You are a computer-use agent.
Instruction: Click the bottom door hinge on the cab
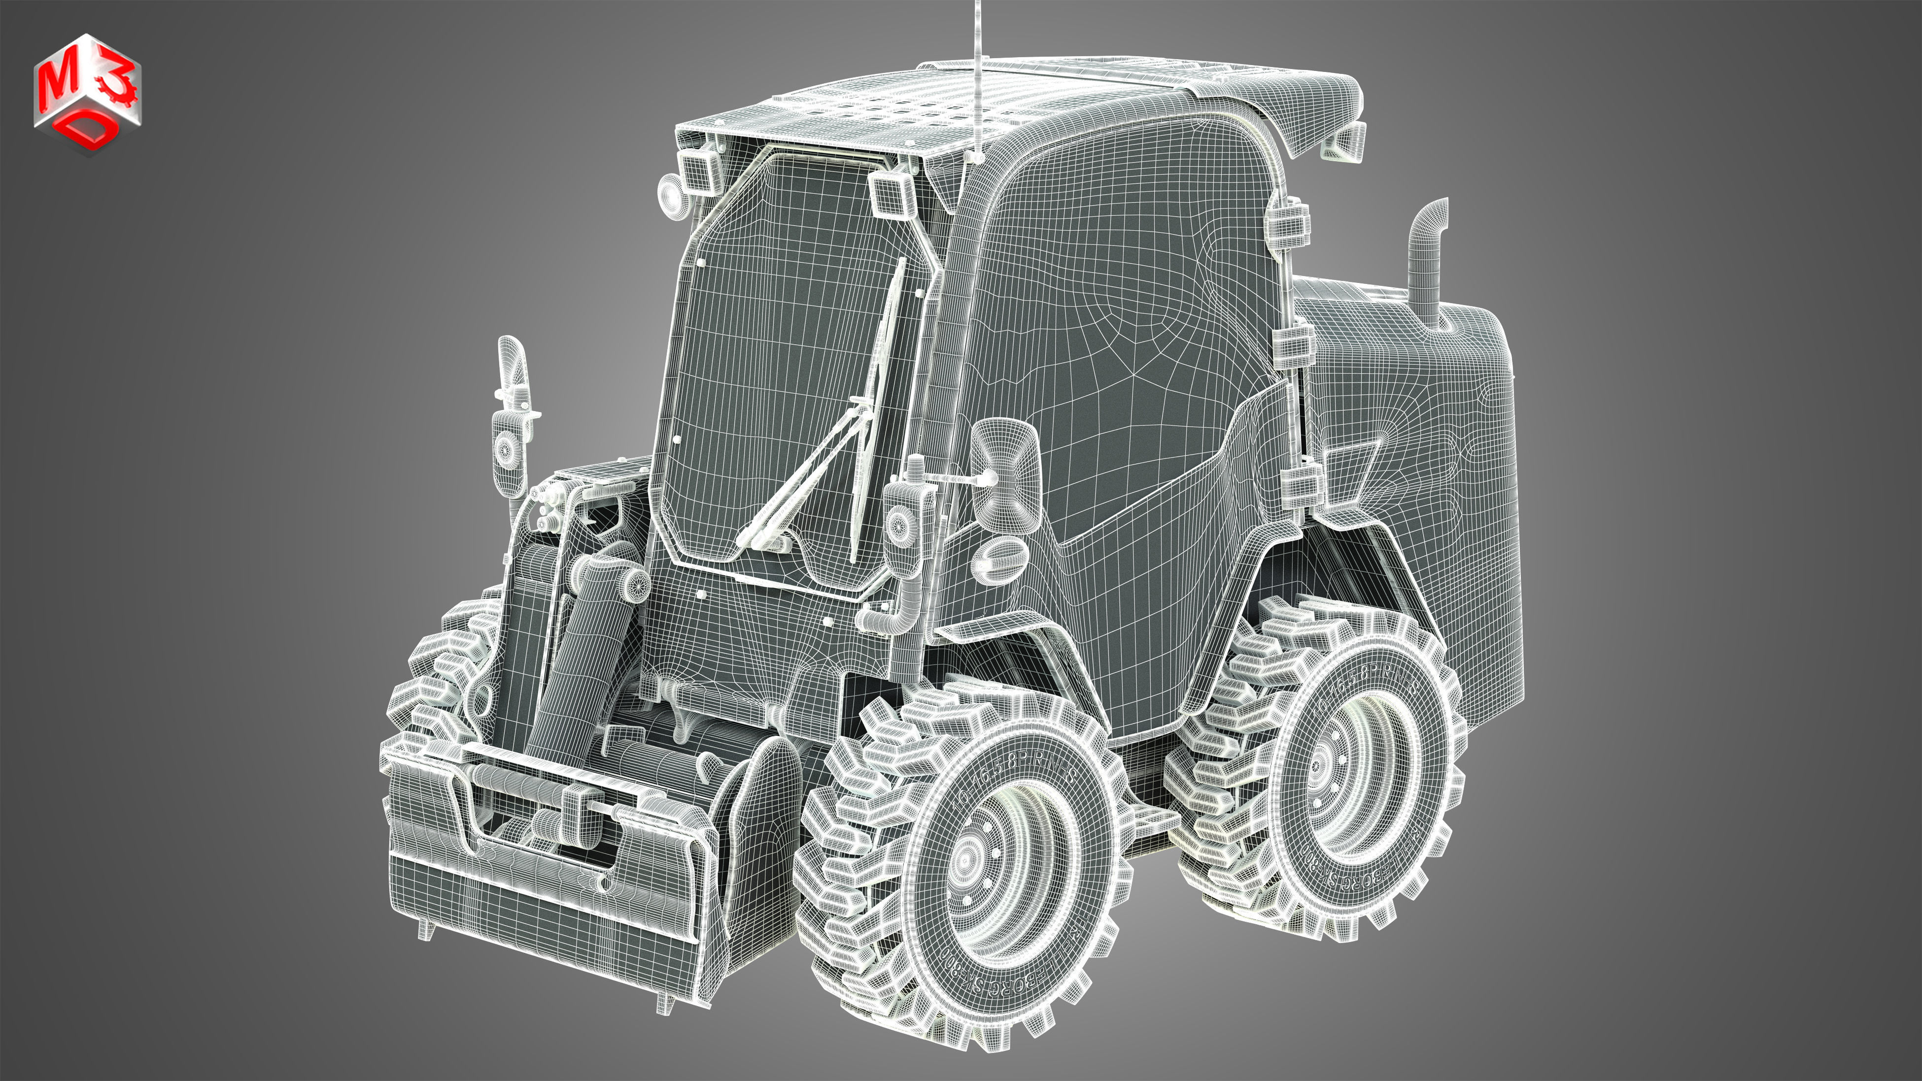pyautogui.click(x=1300, y=485)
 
